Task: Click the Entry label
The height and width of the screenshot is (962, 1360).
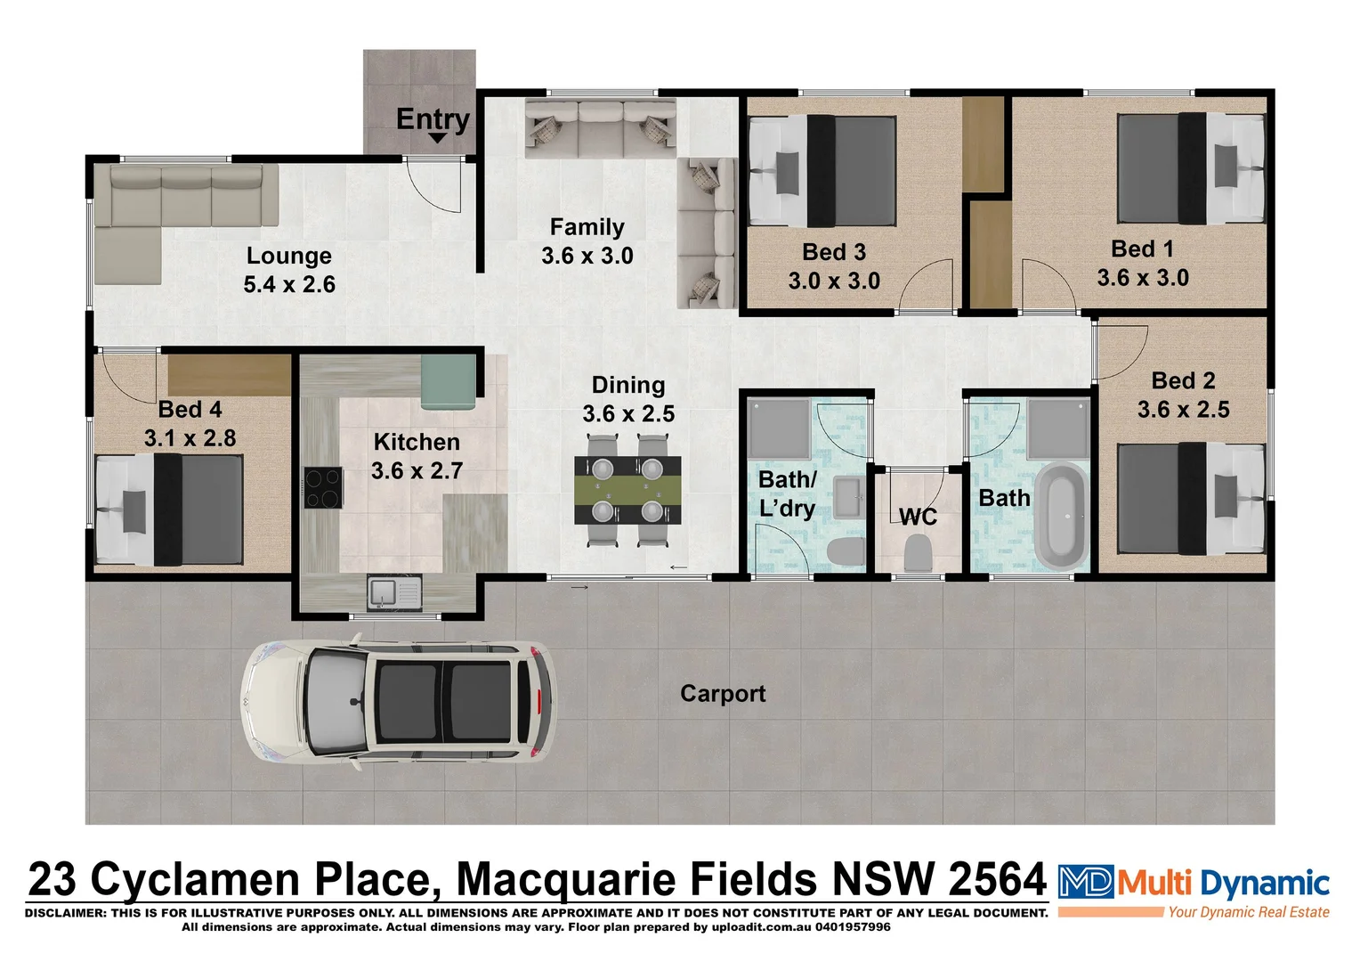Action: [x=433, y=118]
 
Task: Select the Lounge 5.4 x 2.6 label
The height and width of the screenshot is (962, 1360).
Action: [x=289, y=270]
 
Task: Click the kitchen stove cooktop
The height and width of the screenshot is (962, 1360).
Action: [x=323, y=487]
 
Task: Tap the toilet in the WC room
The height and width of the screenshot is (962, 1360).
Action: [x=918, y=554]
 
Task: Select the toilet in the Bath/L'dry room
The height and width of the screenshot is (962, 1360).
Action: [x=845, y=552]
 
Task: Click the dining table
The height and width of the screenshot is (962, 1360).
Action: [x=627, y=490]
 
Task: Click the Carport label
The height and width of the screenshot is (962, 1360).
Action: [x=723, y=694]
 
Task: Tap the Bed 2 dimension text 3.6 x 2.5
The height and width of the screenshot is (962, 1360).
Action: [x=1183, y=410]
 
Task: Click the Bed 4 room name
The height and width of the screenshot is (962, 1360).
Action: [x=190, y=410]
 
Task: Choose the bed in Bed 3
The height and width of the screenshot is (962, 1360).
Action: [x=822, y=171]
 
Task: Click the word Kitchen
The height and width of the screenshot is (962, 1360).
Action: [x=417, y=442]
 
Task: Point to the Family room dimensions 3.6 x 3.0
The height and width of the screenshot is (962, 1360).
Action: [x=587, y=257]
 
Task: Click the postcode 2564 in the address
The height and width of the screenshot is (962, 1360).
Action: [x=997, y=880]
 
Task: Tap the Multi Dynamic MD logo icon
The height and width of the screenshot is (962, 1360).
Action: [x=1085, y=882]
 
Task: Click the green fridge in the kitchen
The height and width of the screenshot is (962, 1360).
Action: [x=448, y=380]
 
